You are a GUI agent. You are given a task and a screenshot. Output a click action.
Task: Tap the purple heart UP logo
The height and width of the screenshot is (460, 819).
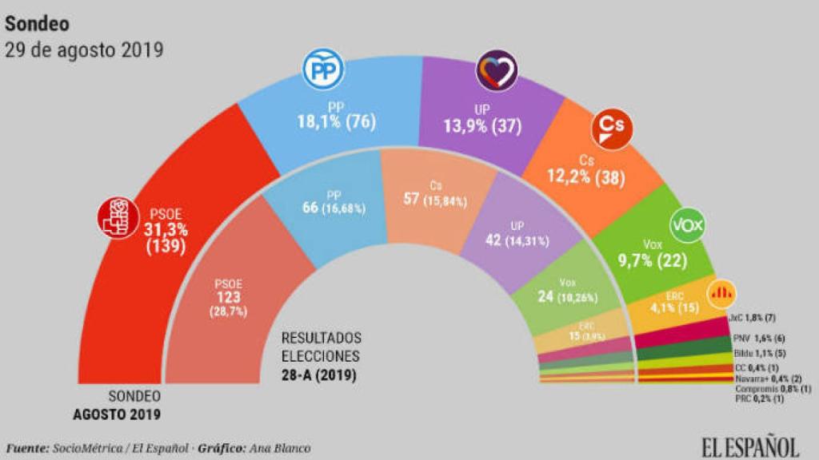(x=496, y=71)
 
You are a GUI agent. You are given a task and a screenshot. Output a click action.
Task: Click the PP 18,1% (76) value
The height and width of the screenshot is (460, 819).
(x=335, y=122)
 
